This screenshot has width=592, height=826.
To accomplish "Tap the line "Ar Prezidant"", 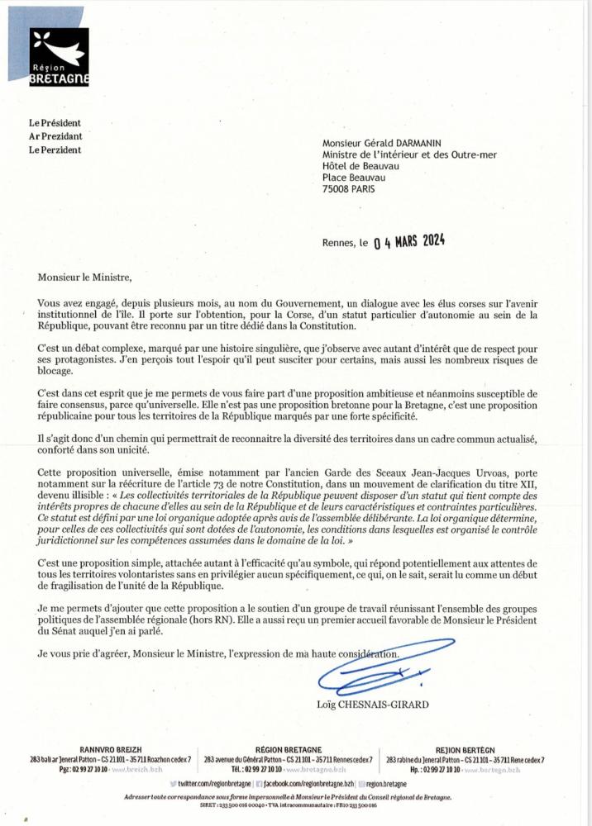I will click(x=55, y=136).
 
